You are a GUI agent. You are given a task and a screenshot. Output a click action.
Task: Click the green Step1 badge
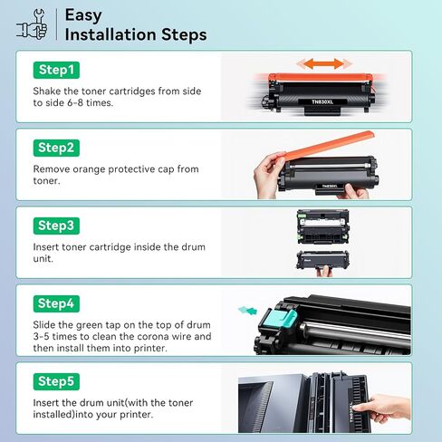point(56,70)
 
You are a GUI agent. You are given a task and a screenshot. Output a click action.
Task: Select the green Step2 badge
point(56,148)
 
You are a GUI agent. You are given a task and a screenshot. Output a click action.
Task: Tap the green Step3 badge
point(56,226)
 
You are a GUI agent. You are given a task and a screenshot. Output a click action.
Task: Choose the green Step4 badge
point(56,303)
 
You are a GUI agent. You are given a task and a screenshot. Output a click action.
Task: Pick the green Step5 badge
point(56,381)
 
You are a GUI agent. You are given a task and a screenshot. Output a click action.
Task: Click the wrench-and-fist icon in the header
point(32,24)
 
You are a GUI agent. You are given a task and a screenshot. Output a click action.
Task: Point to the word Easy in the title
point(83,15)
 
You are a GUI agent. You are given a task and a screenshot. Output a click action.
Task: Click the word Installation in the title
point(110,34)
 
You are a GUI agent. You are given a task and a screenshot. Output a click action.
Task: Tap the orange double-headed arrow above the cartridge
point(324,63)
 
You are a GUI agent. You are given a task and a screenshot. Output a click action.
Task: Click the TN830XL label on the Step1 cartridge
point(322,102)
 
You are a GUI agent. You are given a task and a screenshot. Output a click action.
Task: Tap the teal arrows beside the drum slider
point(247,310)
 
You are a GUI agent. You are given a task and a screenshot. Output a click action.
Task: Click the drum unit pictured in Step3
point(323,226)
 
